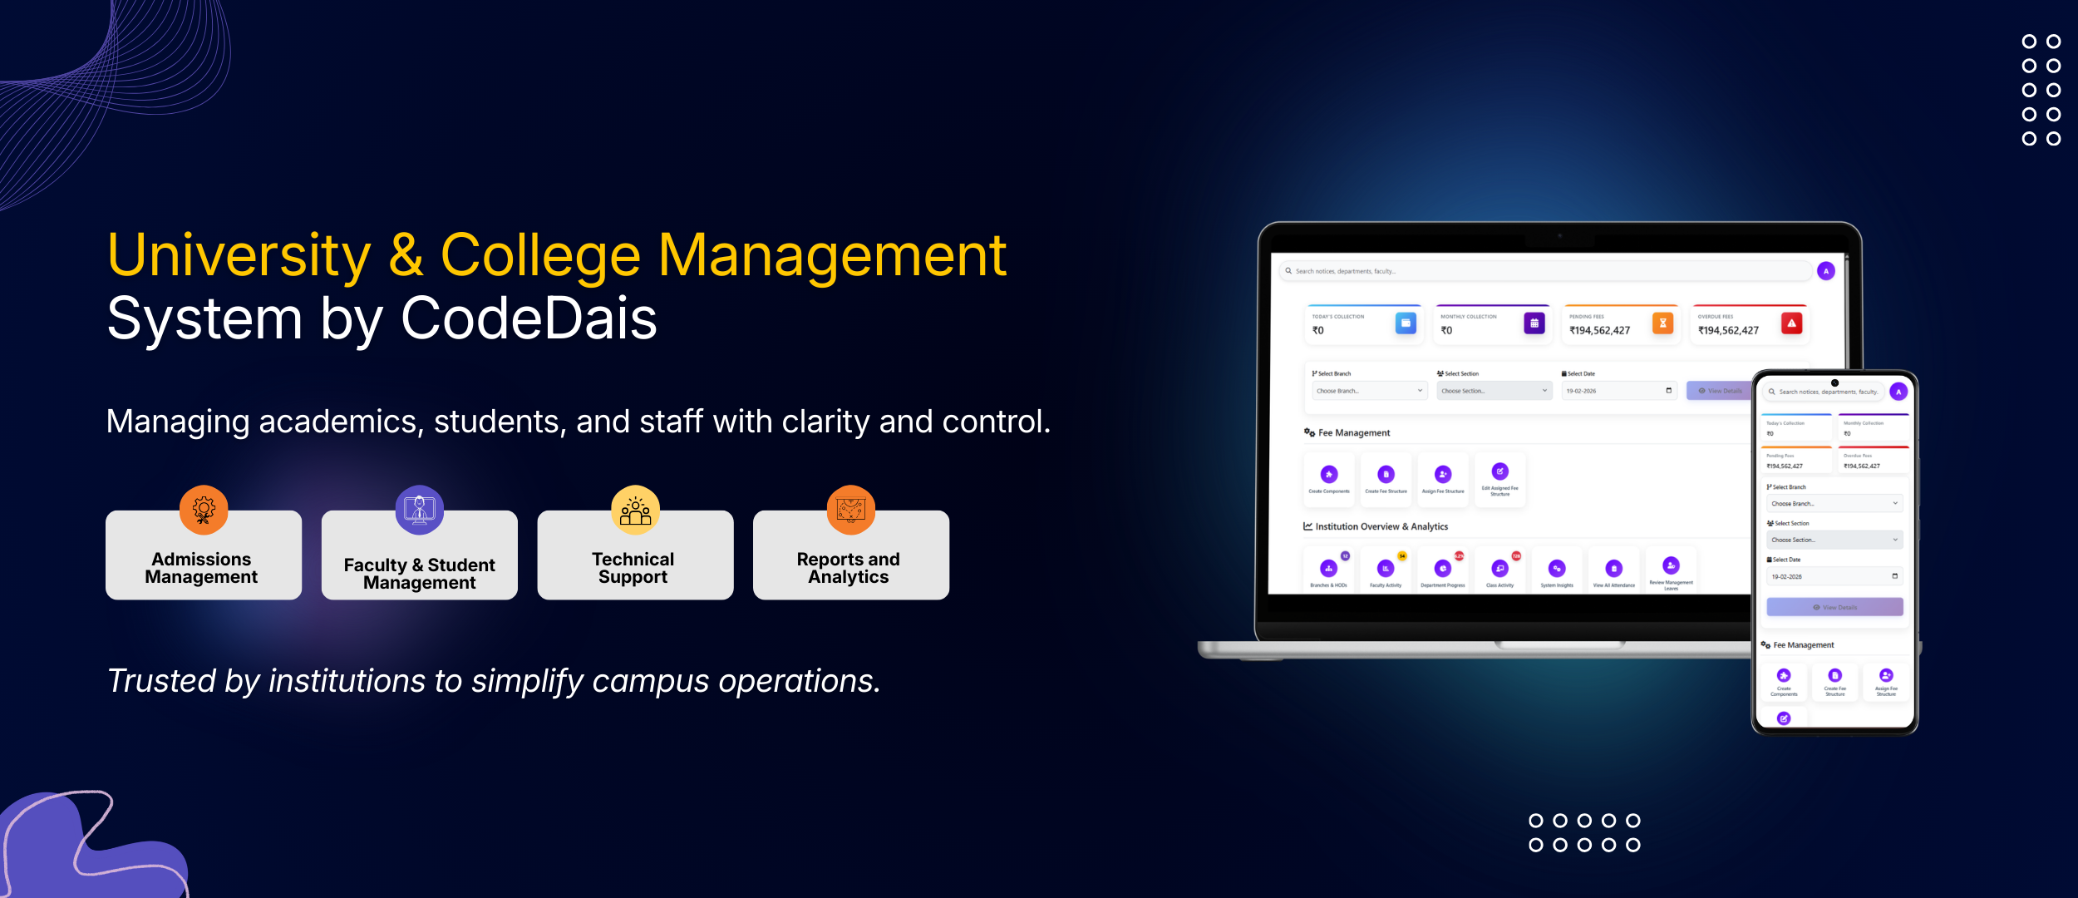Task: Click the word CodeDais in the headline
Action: [529, 318]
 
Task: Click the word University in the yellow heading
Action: [239, 255]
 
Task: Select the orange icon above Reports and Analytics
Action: [850, 509]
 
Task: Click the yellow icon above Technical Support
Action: [635, 509]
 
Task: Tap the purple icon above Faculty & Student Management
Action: [419, 509]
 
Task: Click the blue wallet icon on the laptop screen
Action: [1406, 323]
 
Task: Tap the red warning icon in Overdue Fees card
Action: [1791, 323]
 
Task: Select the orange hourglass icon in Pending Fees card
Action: [1662, 323]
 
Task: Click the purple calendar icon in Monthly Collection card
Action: [1534, 323]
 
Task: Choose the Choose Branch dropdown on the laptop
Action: [1369, 391]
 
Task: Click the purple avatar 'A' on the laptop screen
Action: [1825, 271]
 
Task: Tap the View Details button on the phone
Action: [1834, 608]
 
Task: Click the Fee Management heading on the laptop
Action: [1353, 433]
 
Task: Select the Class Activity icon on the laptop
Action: [1499, 569]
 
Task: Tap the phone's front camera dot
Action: [1834, 383]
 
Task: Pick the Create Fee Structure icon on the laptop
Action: [1386, 475]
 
